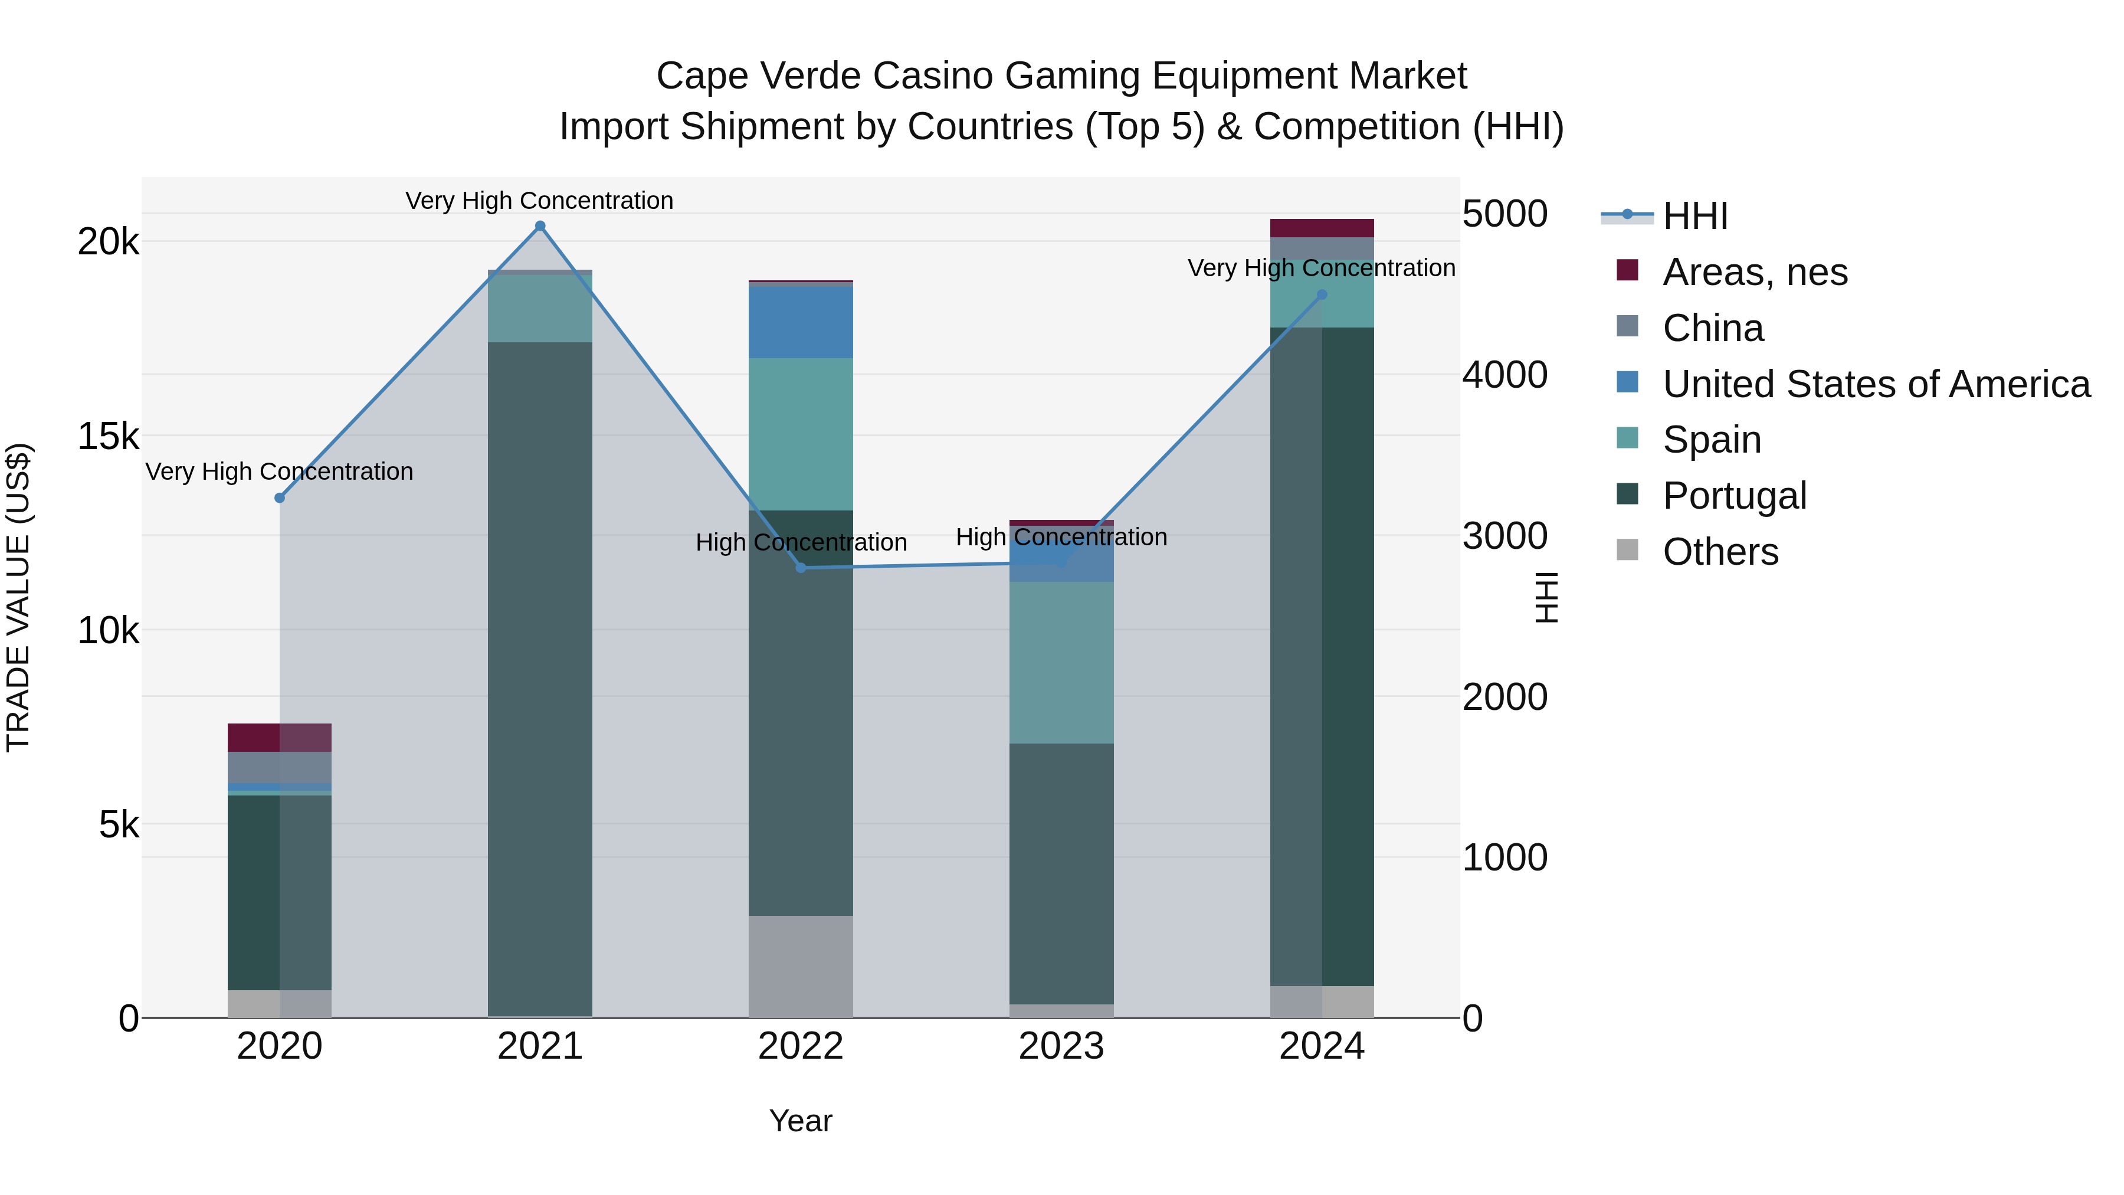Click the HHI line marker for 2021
[540, 226]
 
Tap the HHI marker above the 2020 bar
[280, 498]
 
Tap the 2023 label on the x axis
[1061, 1046]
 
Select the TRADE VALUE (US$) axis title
[18, 597]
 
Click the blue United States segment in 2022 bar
[801, 322]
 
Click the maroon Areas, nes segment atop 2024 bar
[1322, 228]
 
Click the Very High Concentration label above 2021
[539, 201]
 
